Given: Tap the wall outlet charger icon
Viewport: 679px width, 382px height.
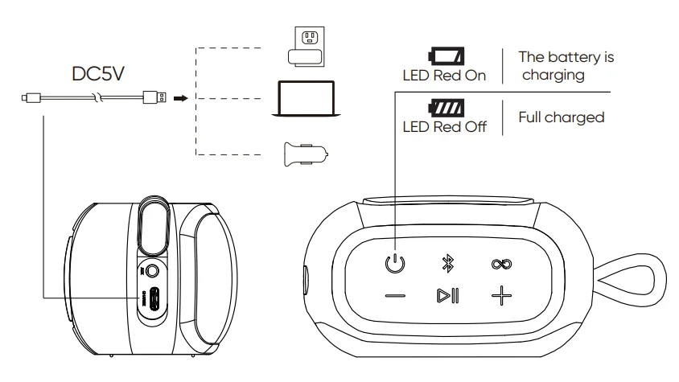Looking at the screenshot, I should tap(309, 44).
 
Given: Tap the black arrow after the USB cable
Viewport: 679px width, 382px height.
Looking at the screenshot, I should tap(181, 98).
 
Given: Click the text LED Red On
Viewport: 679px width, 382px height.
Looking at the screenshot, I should tap(445, 76).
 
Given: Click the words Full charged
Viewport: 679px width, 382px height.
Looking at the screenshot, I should tap(561, 117).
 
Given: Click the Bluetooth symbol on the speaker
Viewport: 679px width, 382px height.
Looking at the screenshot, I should tap(449, 262).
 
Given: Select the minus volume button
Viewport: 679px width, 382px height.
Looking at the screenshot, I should tap(395, 296).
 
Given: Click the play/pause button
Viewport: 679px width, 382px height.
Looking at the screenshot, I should tap(449, 296).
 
